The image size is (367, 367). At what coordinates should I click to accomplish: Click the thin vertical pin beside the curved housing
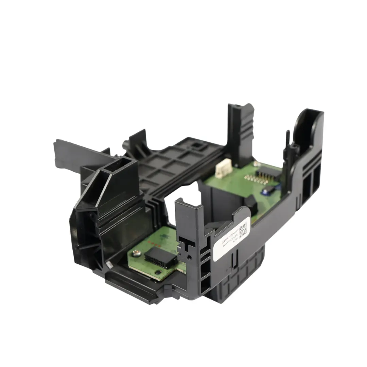pyautogui.click(x=287, y=143)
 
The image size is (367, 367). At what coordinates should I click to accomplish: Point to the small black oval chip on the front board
pyautogui.click(x=157, y=273)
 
